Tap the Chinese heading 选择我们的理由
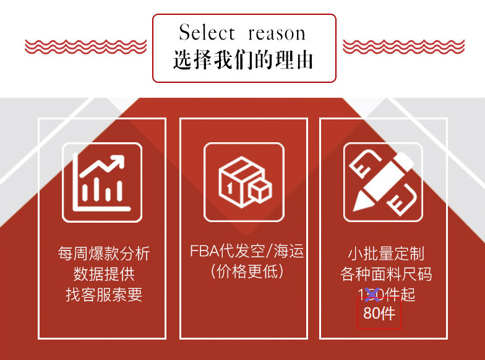243,59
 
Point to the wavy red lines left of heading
85,46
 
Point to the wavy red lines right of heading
403,46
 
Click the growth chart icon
102,182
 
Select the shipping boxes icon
244,182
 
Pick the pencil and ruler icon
383,182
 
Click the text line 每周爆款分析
104,254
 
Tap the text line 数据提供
104,273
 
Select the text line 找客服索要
104,294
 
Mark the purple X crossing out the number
372,294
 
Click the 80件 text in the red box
379,314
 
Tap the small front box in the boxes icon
260,194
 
